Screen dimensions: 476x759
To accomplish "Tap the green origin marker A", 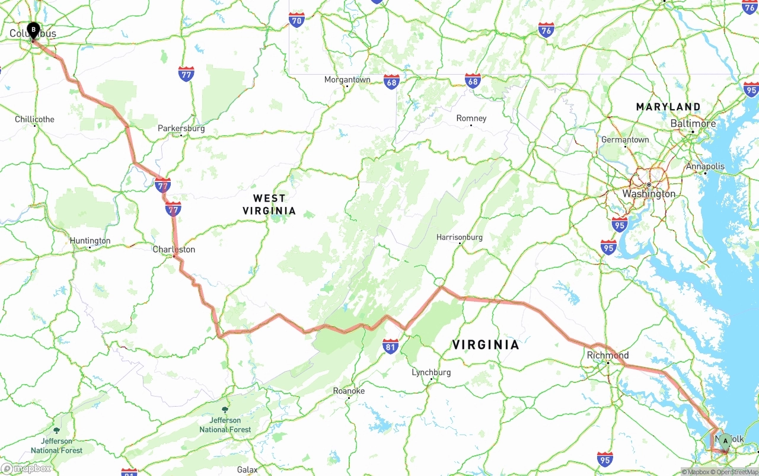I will click(x=725, y=441).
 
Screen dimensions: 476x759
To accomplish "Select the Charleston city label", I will click(x=174, y=250).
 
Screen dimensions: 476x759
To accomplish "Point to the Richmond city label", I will click(x=608, y=355).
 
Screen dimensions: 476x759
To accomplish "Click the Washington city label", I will click(x=649, y=194).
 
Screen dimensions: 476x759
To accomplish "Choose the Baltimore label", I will click(x=693, y=123).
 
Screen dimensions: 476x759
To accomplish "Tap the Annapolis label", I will click(x=705, y=167).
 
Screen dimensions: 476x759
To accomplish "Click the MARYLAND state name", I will click(x=668, y=107).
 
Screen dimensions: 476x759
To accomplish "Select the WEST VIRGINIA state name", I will click(x=269, y=205).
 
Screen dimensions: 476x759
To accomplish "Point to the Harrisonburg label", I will click(x=460, y=237).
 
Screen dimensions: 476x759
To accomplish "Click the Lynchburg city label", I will click(x=431, y=372).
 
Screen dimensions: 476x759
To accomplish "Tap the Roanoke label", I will click(x=349, y=391).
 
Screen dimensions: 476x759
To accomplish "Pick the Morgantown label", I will click(x=347, y=79).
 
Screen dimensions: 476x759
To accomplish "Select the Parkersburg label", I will click(x=181, y=128).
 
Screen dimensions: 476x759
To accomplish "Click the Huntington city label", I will click(x=90, y=241).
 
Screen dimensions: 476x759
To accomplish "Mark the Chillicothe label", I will click(x=34, y=119).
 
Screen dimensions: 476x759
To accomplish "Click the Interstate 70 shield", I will click(x=297, y=20).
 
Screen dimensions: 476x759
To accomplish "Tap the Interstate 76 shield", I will click(x=546, y=30).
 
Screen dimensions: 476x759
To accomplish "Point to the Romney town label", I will click(x=471, y=118).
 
